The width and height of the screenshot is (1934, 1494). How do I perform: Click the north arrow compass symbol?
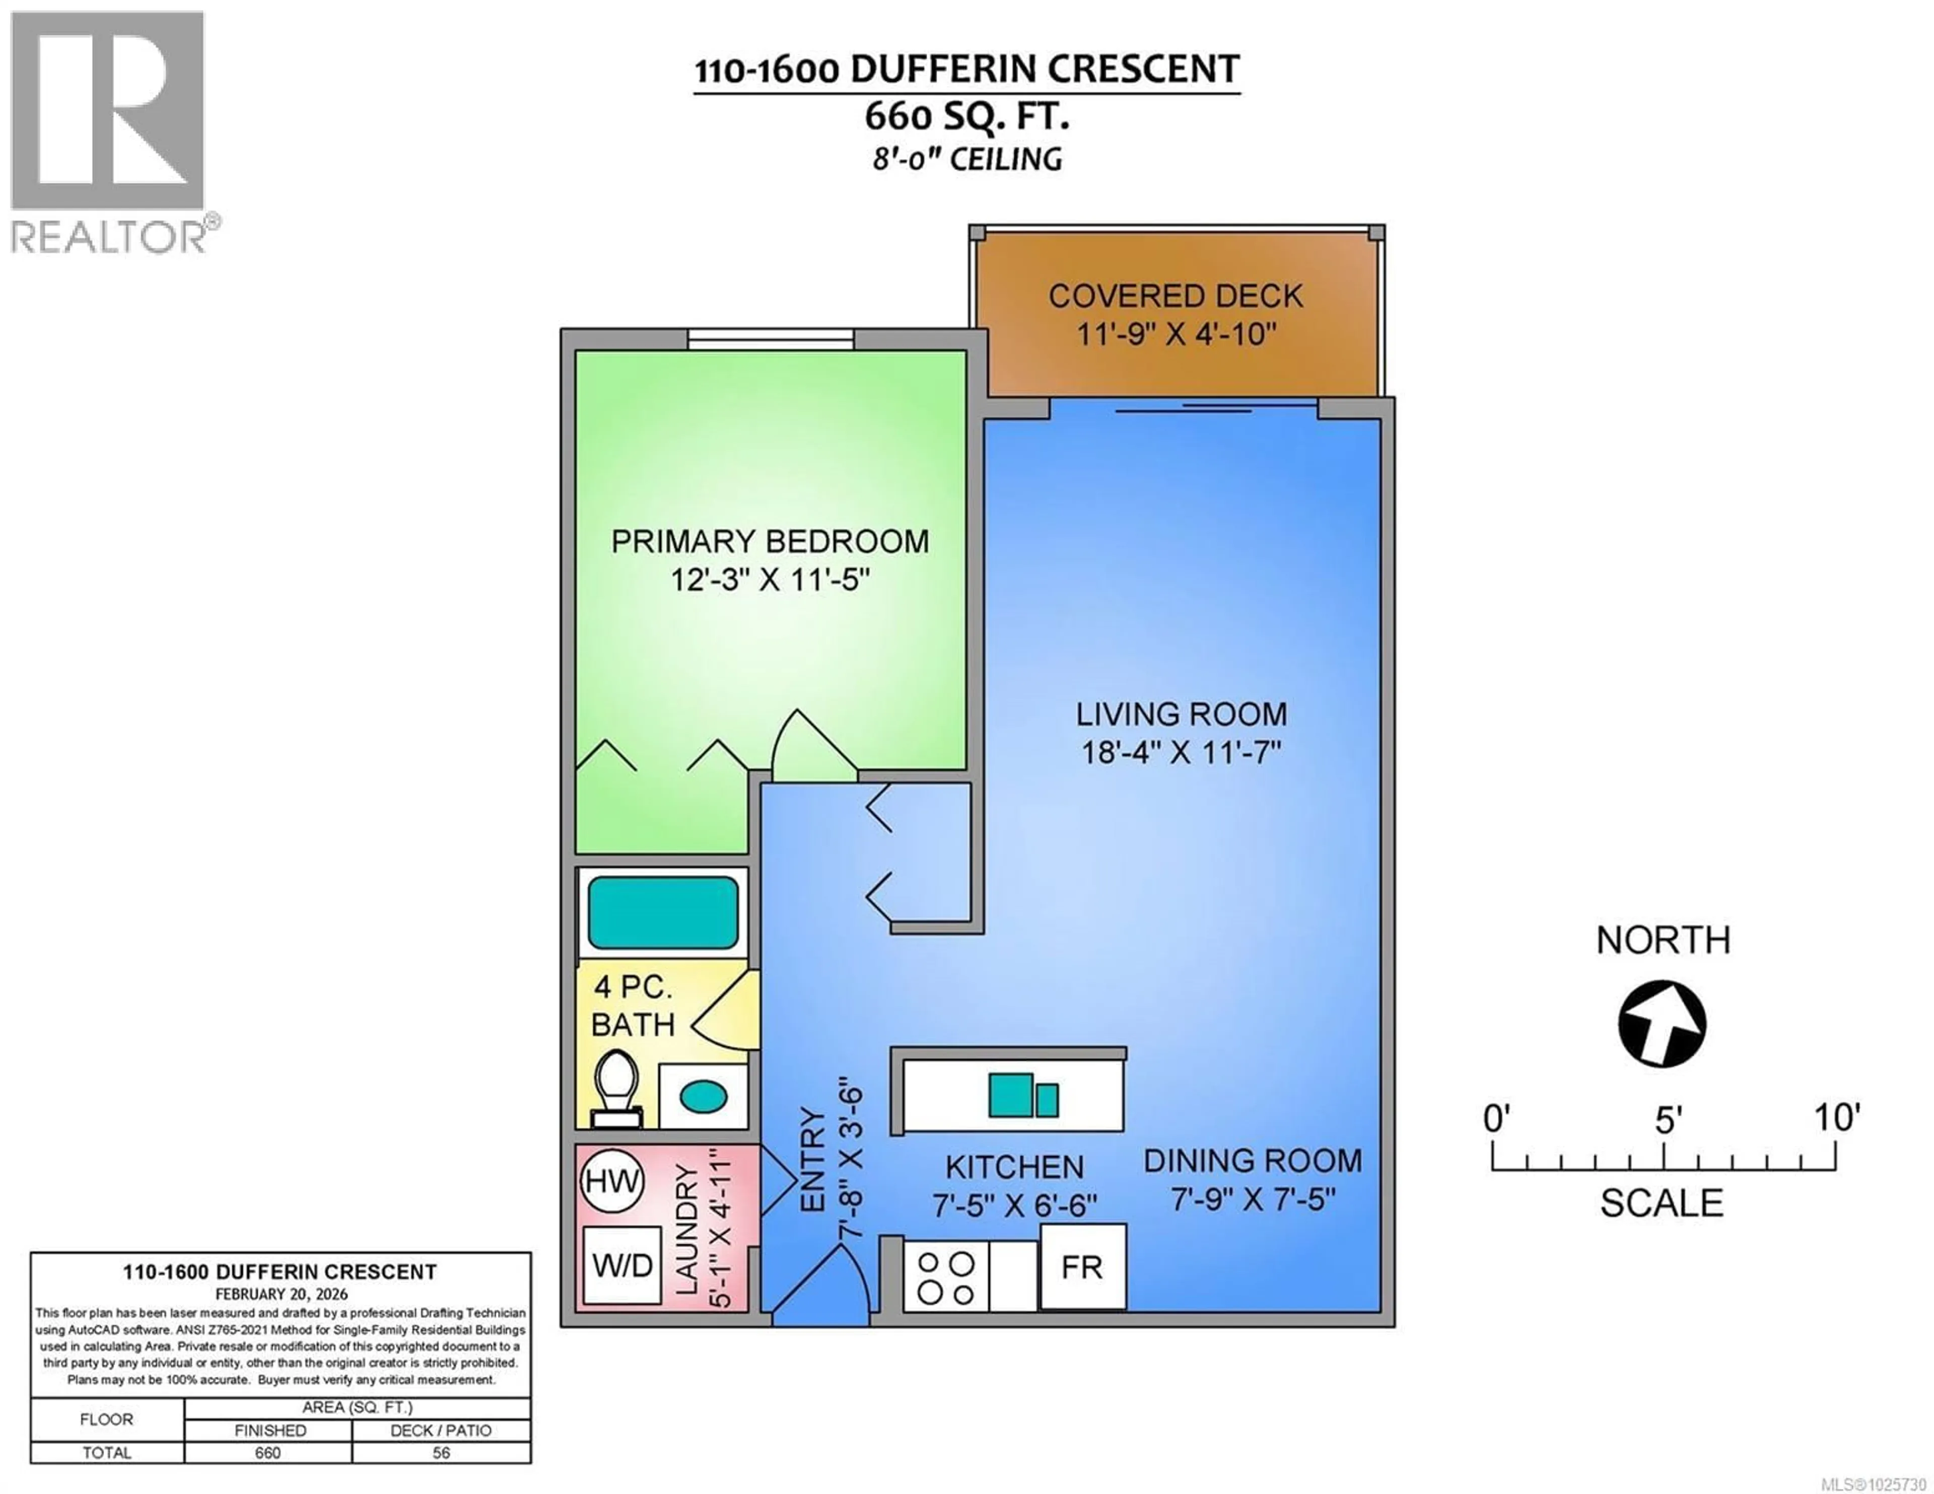[1662, 1024]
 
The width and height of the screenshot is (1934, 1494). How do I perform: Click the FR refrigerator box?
[1082, 1267]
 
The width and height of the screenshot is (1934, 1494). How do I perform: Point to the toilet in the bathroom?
[617, 1088]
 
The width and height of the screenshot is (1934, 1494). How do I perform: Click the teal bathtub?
[662, 913]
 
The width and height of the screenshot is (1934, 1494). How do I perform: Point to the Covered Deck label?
[1175, 296]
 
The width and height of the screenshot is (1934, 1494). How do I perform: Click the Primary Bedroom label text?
[770, 541]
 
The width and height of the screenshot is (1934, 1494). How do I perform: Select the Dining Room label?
[1252, 1161]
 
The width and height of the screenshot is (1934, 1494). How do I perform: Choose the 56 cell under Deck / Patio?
[441, 1452]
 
